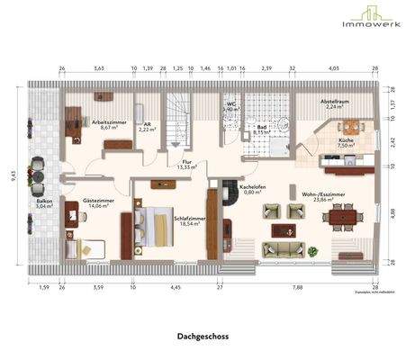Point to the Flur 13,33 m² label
pyautogui.click(x=187, y=164)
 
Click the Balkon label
pyautogui.click(x=41, y=202)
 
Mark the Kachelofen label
pyautogui.click(x=250, y=188)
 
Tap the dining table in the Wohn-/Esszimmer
pyautogui.click(x=344, y=214)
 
